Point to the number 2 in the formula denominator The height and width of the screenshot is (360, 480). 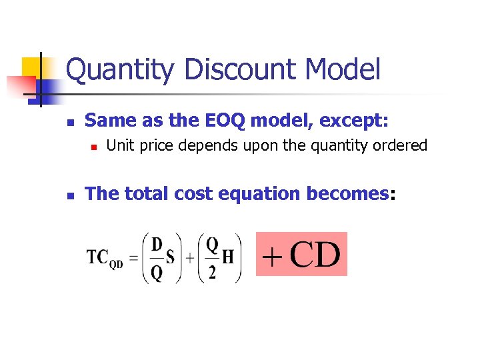click(212, 273)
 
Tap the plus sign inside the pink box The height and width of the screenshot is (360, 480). click(271, 256)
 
